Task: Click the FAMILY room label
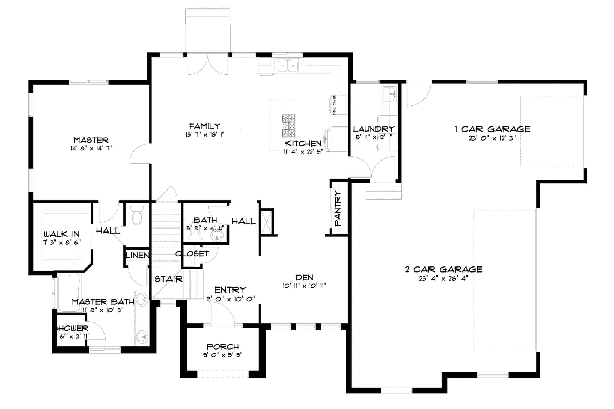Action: pos(205,126)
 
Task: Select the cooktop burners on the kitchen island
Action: pos(288,126)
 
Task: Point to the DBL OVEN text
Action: pos(335,105)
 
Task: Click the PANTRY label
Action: pos(338,209)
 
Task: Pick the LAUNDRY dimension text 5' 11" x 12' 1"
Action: pos(374,137)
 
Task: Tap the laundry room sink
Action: pos(389,93)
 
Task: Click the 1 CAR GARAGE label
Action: pos(492,129)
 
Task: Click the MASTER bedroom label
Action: pos(91,140)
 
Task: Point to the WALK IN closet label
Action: pos(62,234)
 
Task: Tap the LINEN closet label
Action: pos(137,255)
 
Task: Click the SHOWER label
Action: pos(71,328)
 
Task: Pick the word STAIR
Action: pos(168,279)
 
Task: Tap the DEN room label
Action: pos(304,277)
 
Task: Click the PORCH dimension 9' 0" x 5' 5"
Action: pos(223,355)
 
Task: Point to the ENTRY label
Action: pos(230,290)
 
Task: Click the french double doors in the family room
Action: pos(208,64)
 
